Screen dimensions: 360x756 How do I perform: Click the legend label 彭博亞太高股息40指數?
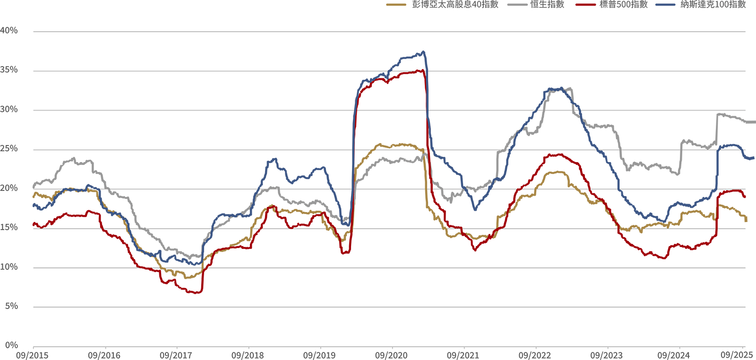455,5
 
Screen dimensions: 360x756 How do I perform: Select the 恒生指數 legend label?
547,5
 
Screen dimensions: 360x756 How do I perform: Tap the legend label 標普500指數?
623,5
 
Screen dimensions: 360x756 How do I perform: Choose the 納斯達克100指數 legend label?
713,5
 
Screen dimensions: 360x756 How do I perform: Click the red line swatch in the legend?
585,5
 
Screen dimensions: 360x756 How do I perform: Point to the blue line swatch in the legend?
665,5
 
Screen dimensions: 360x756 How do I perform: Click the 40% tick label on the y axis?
9,31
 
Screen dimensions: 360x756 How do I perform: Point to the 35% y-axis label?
9,70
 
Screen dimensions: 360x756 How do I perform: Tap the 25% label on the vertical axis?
9,149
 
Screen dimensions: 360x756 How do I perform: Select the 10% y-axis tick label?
9,267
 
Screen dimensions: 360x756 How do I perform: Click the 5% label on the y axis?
11,306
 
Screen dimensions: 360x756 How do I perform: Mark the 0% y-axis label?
11,345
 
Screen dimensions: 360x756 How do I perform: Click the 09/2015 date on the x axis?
32,355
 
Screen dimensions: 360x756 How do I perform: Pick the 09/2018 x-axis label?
248,355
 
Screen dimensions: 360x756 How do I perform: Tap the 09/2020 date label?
391,355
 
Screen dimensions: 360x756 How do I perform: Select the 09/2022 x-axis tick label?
534,355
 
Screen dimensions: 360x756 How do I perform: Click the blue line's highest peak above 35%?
423,51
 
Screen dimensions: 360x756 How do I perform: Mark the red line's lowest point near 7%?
198,293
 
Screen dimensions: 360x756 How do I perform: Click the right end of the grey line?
754,122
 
